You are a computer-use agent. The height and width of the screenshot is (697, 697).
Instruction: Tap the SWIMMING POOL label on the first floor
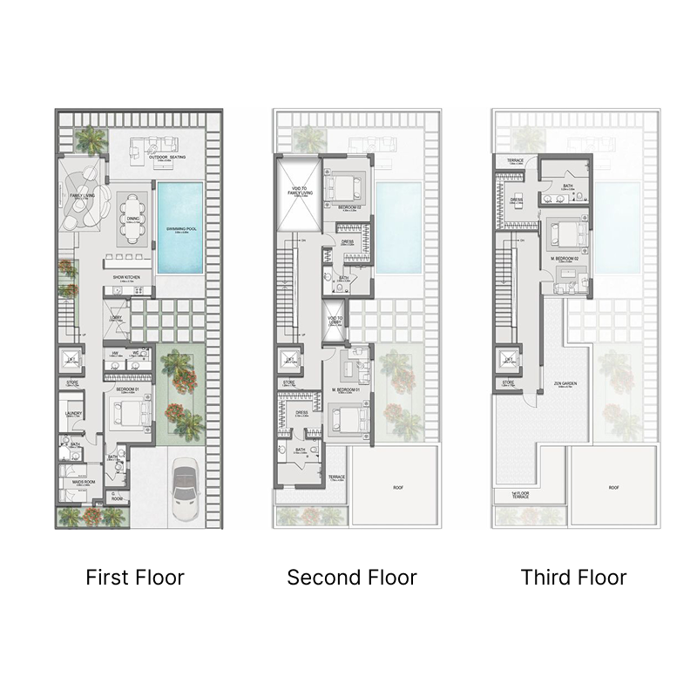pyautogui.click(x=181, y=228)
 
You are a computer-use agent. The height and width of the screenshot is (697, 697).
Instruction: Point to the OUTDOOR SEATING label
pyautogui.click(x=159, y=157)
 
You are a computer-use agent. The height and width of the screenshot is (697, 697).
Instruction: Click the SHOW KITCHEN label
pyautogui.click(x=126, y=278)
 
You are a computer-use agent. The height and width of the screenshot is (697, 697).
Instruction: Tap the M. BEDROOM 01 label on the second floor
pyautogui.click(x=346, y=389)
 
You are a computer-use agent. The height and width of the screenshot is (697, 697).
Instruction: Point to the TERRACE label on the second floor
pyautogui.click(x=335, y=477)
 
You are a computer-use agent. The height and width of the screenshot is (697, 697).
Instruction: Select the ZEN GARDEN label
pyautogui.click(x=564, y=383)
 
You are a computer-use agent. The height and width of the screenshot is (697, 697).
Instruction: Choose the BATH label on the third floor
pyautogui.click(x=567, y=186)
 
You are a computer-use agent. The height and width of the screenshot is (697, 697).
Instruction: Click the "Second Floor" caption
pyautogui.click(x=352, y=577)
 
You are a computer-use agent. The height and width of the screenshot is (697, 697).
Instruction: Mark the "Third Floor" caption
pyautogui.click(x=573, y=577)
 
